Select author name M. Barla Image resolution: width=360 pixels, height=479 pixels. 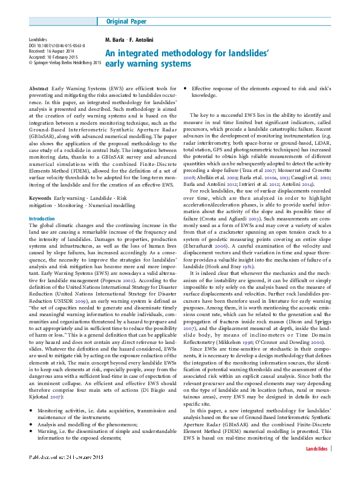(x=115, y=40)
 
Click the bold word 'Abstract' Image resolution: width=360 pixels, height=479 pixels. (x=39, y=89)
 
